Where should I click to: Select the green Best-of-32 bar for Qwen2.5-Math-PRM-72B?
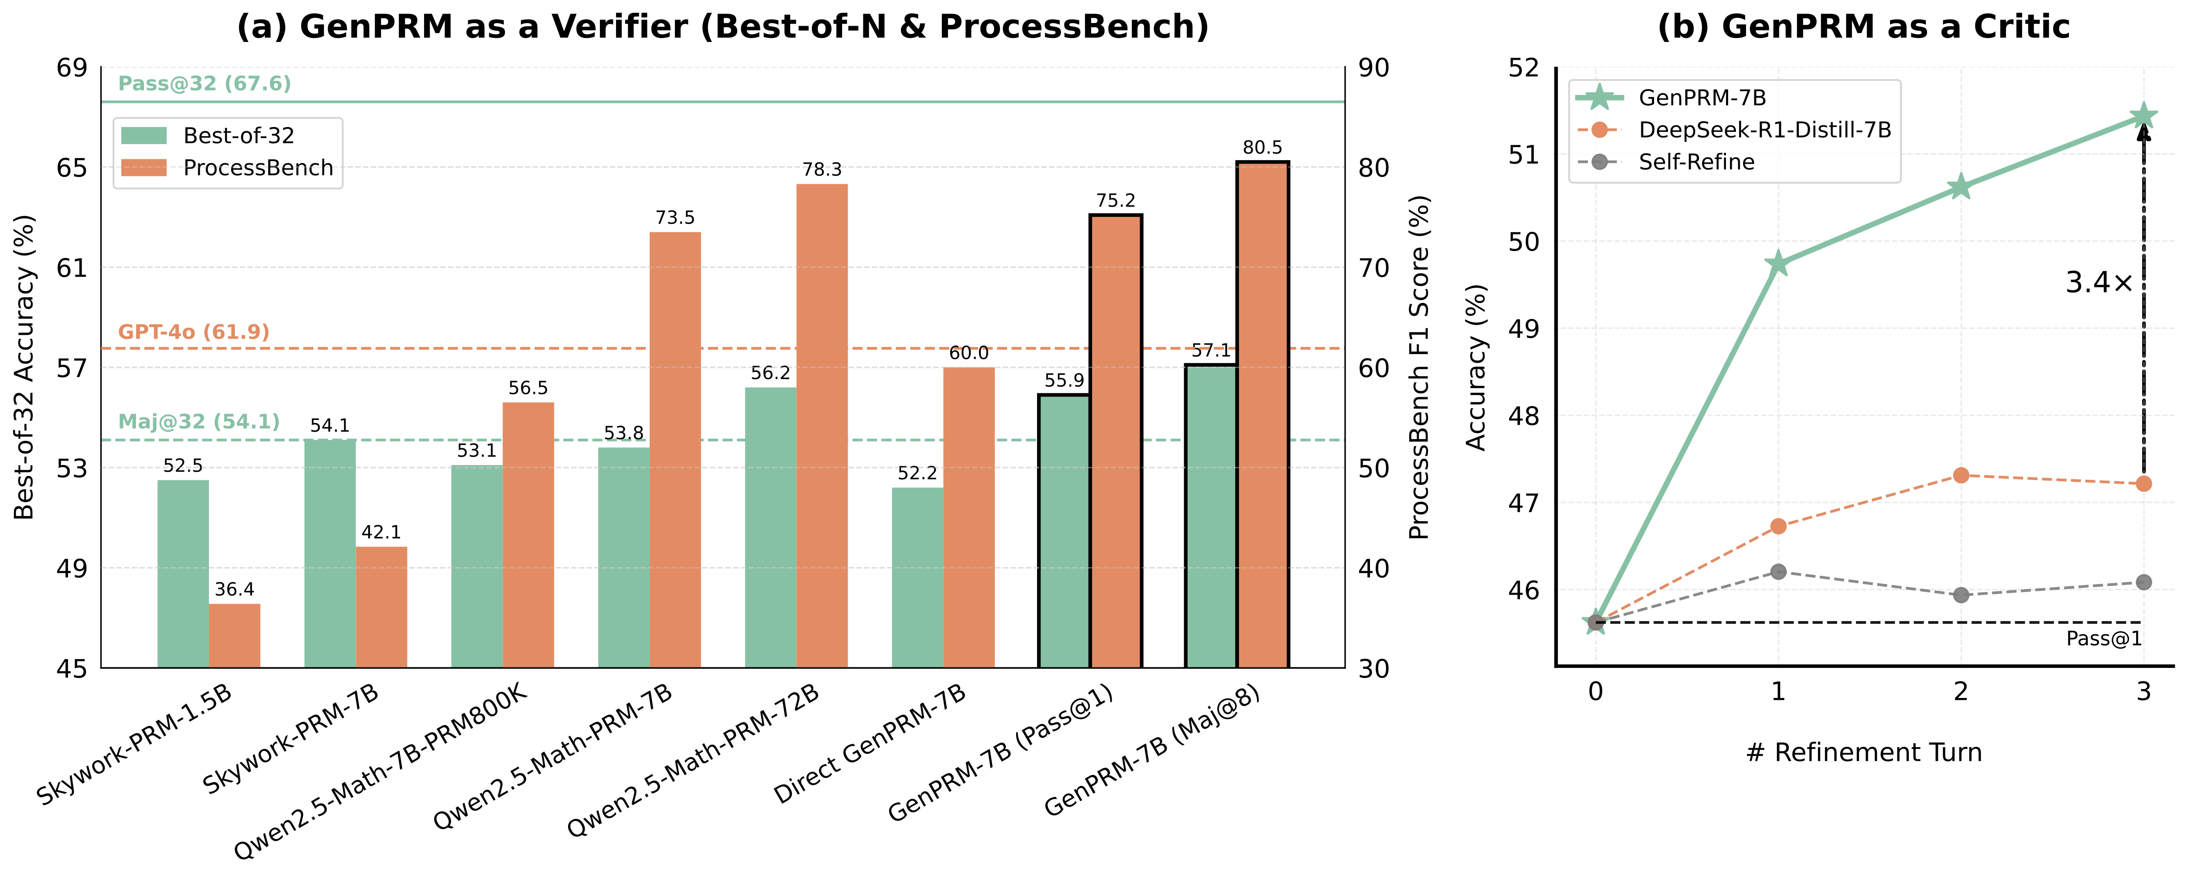[770, 526]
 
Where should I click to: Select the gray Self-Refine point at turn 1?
[1778, 572]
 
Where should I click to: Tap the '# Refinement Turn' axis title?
[1863, 753]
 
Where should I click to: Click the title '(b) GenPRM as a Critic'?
[1863, 27]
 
